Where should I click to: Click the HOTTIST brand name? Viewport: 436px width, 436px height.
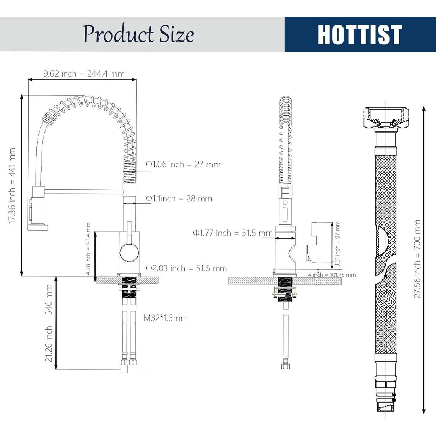(x=360, y=34)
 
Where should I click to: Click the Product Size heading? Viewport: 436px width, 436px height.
(x=138, y=34)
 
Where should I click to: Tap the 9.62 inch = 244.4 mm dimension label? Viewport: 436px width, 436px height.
(x=84, y=74)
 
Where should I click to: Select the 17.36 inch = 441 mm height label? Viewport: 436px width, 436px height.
(x=12, y=185)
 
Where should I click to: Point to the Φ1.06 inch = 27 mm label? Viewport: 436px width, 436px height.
(x=183, y=164)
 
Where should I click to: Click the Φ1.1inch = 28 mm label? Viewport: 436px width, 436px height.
(x=179, y=199)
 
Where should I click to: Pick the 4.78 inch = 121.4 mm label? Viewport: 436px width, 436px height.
(x=88, y=249)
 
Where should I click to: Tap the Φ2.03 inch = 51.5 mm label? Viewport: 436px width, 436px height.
(x=186, y=268)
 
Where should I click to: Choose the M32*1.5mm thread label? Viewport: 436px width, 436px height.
(x=166, y=318)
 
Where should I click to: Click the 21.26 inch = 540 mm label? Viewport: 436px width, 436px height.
(x=49, y=323)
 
